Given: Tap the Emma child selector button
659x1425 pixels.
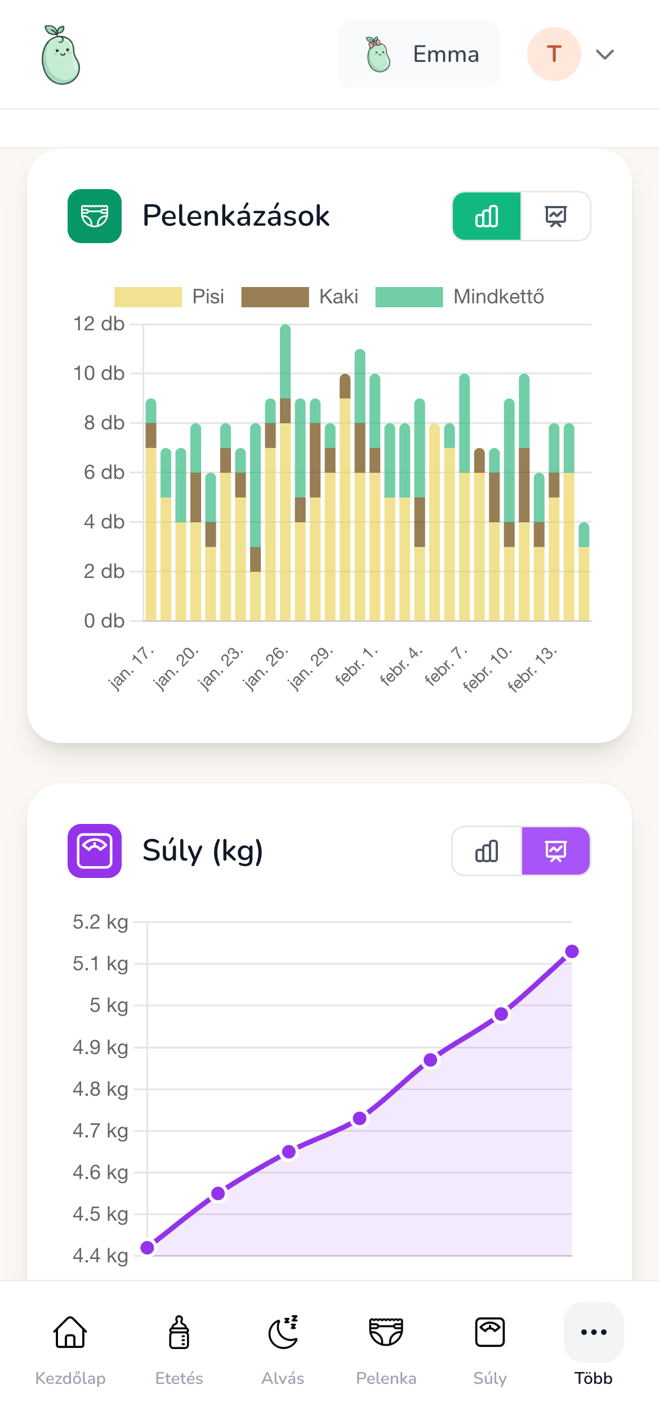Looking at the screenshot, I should tap(418, 54).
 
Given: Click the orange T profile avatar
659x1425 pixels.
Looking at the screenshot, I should tap(554, 54).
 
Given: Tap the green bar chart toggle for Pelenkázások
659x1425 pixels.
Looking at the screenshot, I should tap(487, 216).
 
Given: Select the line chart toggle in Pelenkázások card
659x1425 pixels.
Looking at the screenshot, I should tap(555, 216).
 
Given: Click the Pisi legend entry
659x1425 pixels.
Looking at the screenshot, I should tap(169, 297).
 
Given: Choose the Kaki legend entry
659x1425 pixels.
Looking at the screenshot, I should tap(300, 297).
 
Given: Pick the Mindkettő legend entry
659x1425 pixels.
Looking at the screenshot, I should tap(460, 297).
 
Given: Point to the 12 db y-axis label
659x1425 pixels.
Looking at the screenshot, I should tap(99, 324).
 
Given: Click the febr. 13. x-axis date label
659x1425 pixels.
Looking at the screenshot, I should tap(532, 669).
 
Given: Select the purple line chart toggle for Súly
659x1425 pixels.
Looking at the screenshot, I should tap(555, 851).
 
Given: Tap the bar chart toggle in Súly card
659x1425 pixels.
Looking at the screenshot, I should tap(487, 851).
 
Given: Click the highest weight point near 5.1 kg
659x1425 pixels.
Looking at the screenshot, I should tap(572, 952).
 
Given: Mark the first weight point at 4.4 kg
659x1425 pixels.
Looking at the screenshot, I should tap(148, 1248).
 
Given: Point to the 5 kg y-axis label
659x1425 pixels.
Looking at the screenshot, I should tap(109, 1005).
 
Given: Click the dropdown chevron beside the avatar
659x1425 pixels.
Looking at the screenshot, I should tap(605, 54).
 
